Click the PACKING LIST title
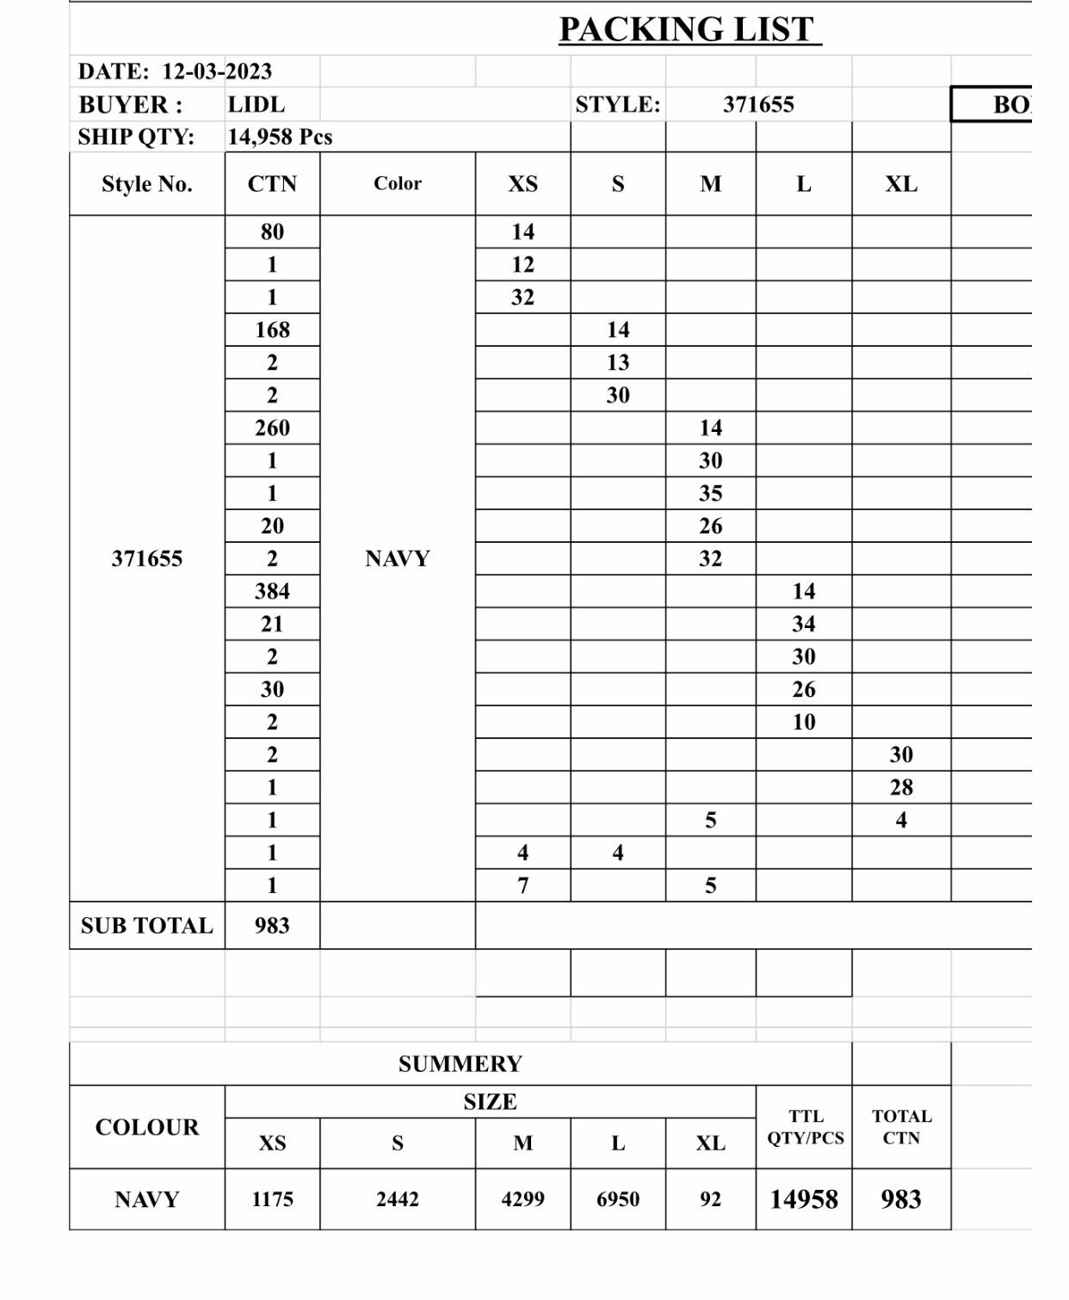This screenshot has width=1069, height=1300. (687, 30)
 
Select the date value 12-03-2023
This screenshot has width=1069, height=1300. (217, 71)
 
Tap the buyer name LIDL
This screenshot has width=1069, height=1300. (256, 105)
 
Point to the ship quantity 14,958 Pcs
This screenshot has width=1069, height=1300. (280, 137)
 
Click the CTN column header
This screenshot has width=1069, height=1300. (272, 184)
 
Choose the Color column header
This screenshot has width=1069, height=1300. (397, 183)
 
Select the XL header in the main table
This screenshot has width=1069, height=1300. (901, 184)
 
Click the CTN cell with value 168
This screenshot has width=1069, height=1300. (272, 330)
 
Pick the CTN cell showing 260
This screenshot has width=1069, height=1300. (272, 428)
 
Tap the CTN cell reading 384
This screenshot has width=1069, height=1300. (272, 591)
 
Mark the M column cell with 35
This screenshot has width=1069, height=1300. (710, 493)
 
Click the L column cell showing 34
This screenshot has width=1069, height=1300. (803, 624)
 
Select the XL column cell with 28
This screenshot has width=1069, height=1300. (901, 787)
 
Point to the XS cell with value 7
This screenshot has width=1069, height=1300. (522, 885)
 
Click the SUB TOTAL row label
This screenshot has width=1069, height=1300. (146, 926)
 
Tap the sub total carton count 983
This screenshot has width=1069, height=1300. (272, 926)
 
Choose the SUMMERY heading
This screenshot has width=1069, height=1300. (460, 1064)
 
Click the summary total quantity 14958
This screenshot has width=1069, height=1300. (803, 1199)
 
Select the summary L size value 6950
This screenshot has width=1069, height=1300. (618, 1199)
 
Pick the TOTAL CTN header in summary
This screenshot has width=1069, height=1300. (901, 1127)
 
